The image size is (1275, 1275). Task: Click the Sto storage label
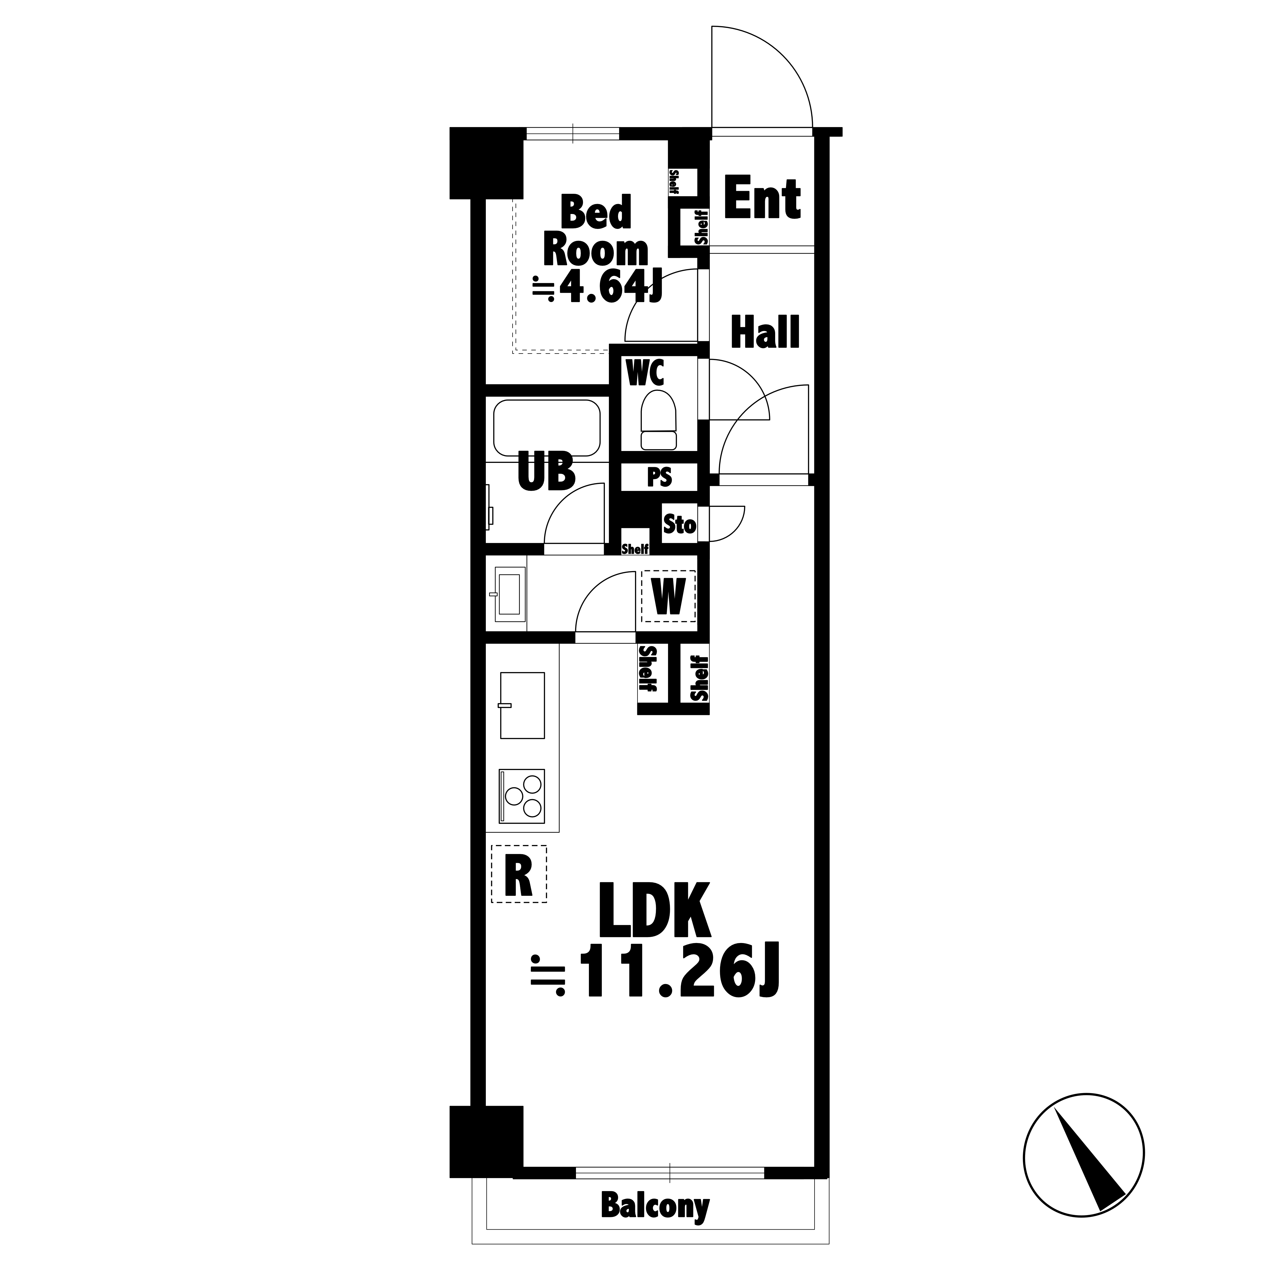(679, 525)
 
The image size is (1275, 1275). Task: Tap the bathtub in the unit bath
(547, 428)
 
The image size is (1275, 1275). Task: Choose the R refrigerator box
(519, 874)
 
